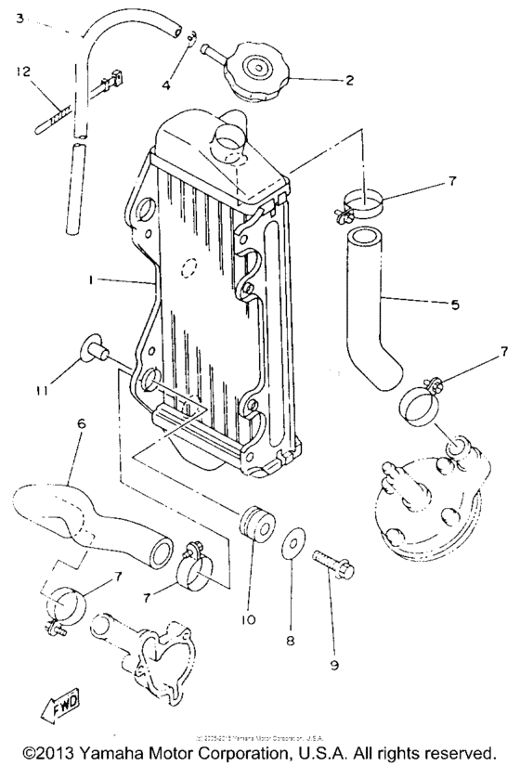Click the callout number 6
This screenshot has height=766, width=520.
coord(81,423)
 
